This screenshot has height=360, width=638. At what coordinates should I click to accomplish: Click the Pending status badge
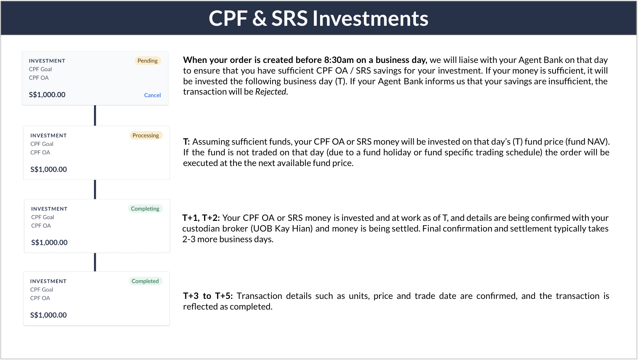click(x=147, y=61)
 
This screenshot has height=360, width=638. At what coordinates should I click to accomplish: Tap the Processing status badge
click(x=146, y=135)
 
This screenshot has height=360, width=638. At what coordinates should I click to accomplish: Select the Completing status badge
click(x=145, y=209)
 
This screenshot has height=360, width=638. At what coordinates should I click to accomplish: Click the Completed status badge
click(x=145, y=281)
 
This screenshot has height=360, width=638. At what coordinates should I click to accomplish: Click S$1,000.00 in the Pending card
click(x=47, y=95)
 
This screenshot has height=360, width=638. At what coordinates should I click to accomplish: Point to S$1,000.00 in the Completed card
click(x=48, y=315)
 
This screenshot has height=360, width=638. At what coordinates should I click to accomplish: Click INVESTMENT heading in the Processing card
click(x=48, y=135)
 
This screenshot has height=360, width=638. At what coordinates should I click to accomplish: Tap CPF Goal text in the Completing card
click(x=42, y=217)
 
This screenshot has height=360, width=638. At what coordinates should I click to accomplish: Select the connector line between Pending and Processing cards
click(x=95, y=116)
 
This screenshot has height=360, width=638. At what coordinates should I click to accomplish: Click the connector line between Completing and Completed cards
click(x=95, y=262)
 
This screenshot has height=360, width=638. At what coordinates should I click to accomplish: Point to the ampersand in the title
click(x=259, y=18)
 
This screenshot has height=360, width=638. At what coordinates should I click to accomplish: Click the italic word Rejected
click(x=271, y=92)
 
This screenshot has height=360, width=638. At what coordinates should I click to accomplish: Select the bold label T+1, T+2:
click(x=201, y=218)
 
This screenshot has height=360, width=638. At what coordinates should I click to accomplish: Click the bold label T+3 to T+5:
click(x=208, y=296)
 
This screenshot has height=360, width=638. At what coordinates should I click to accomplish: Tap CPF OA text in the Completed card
click(x=40, y=298)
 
